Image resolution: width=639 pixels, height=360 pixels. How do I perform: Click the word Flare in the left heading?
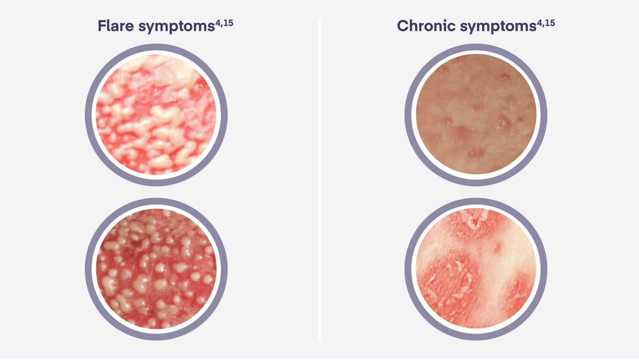point(116,26)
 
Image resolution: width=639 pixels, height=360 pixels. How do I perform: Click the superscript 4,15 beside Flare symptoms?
point(224,23)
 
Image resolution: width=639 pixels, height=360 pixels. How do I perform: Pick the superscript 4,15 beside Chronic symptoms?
point(546,23)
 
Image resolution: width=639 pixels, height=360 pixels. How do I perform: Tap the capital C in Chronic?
point(403,26)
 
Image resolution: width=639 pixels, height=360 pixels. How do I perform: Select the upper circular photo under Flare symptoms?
point(156,115)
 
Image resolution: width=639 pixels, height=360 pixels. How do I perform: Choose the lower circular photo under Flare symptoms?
point(156,269)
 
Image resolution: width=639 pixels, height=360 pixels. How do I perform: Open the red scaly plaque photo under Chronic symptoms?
point(476,269)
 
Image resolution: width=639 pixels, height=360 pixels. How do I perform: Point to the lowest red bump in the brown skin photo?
point(476,153)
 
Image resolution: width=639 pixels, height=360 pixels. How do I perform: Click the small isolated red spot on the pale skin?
point(497,246)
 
